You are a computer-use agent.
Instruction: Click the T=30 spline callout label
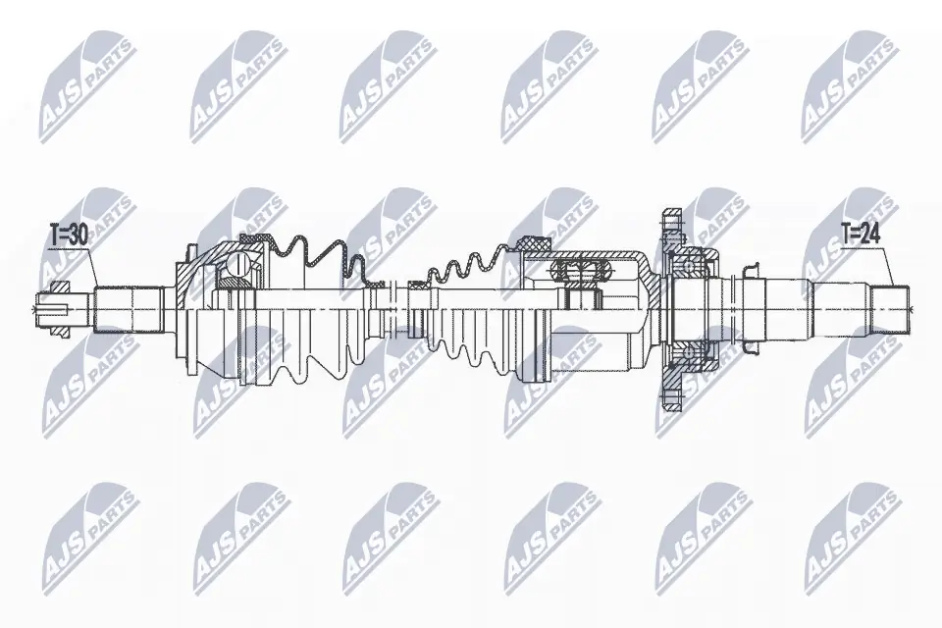[x=69, y=235]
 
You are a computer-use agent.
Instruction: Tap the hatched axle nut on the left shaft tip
[x=58, y=288]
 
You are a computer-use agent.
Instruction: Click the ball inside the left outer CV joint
[x=236, y=263]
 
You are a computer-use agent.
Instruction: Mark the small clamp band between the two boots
[x=416, y=287]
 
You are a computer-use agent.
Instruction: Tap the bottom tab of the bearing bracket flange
[x=673, y=399]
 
